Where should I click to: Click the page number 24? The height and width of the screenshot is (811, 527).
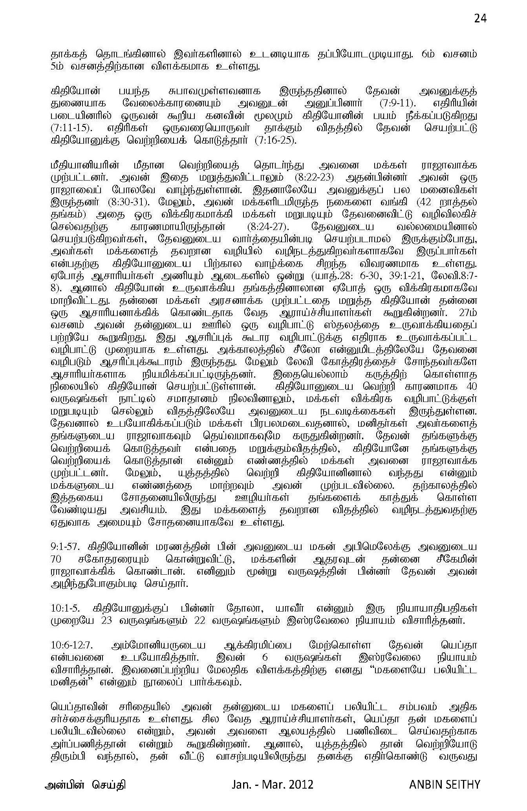480,18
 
